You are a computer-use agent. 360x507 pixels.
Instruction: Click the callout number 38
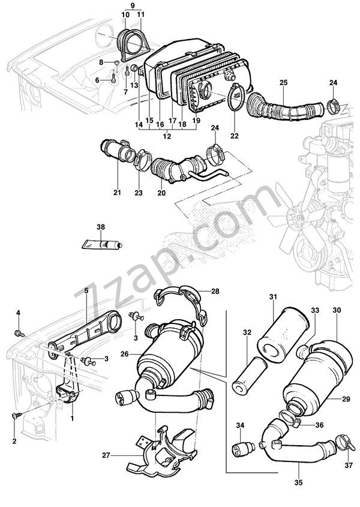101,227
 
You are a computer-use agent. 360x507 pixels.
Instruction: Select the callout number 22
234,136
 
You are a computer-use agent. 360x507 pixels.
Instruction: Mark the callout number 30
337,310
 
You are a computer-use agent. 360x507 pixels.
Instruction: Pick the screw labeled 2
15,415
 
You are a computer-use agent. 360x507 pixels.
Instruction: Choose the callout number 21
118,193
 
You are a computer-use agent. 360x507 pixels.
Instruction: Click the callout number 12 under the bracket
167,136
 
